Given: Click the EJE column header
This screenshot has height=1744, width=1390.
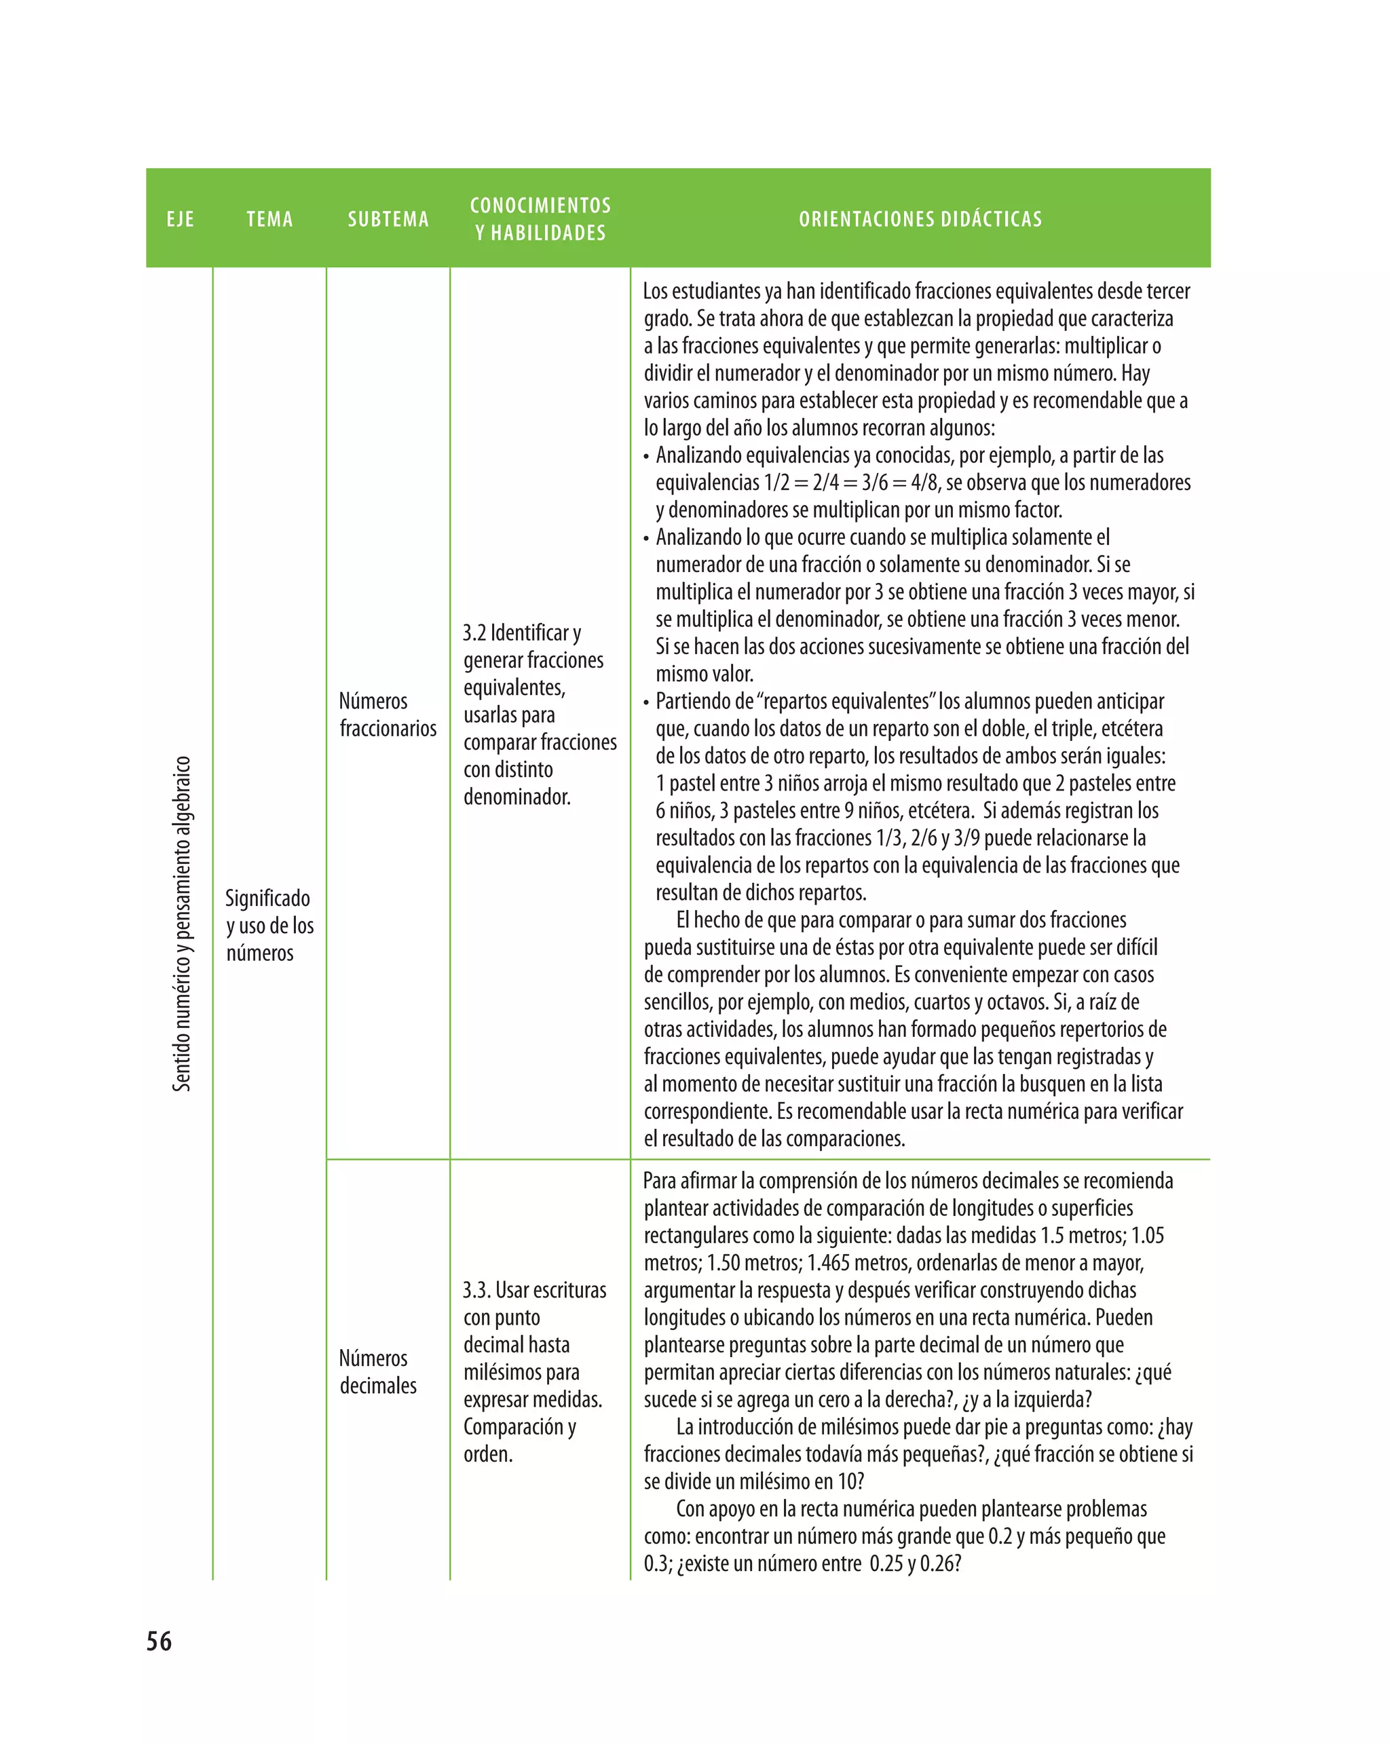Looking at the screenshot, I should click(181, 219).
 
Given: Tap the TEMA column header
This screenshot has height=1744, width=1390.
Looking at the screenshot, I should click(269, 219).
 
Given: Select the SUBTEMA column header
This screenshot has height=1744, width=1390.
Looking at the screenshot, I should click(388, 219).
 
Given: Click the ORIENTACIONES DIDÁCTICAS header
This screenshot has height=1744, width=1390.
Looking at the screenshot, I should click(920, 219).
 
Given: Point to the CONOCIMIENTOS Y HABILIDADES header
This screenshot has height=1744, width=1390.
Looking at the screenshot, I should click(540, 219).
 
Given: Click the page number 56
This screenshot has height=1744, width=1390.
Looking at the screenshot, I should click(159, 1640).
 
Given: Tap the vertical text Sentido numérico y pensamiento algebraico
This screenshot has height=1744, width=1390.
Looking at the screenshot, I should click(182, 923).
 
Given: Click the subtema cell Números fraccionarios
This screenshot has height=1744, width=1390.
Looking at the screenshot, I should click(388, 715).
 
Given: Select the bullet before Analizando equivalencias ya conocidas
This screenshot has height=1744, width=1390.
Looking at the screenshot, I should click(646, 457).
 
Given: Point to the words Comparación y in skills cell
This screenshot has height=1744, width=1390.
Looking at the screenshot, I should click(519, 1426).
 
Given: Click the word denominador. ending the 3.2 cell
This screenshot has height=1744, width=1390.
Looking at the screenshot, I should click(517, 797).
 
